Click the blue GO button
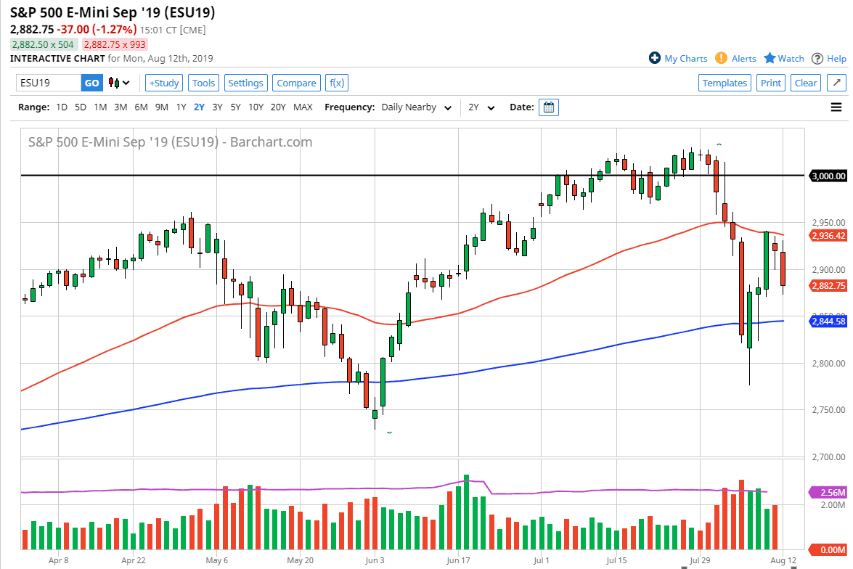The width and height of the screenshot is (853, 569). click(x=91, y=83)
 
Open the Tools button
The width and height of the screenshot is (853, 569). click(x=204, y=83)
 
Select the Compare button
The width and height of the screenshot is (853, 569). click(x=296, y=83)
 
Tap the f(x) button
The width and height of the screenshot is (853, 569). click(x=336, y=83)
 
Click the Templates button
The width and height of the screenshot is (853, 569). click(x=725, y=83)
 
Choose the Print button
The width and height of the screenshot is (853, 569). click(x=771, y=83)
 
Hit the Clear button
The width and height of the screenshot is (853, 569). click(x=806, y=83)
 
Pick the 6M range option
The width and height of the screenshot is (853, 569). click(x=141, y=107)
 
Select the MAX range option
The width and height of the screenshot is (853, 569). click(x=303, y=107)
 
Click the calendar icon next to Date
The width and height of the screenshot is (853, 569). click(x=550, y=107)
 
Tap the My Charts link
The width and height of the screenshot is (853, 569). click(x=678, y=59)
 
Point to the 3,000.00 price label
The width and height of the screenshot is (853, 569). click(x=828, y=176)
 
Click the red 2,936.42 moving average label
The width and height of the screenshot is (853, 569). click(x=828, y=235)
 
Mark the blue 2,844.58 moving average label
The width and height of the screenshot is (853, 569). click(x=828, y=322)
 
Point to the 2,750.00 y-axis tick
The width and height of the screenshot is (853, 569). click(x=828, y=410)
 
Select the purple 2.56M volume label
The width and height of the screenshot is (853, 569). click(x=828, y=492)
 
